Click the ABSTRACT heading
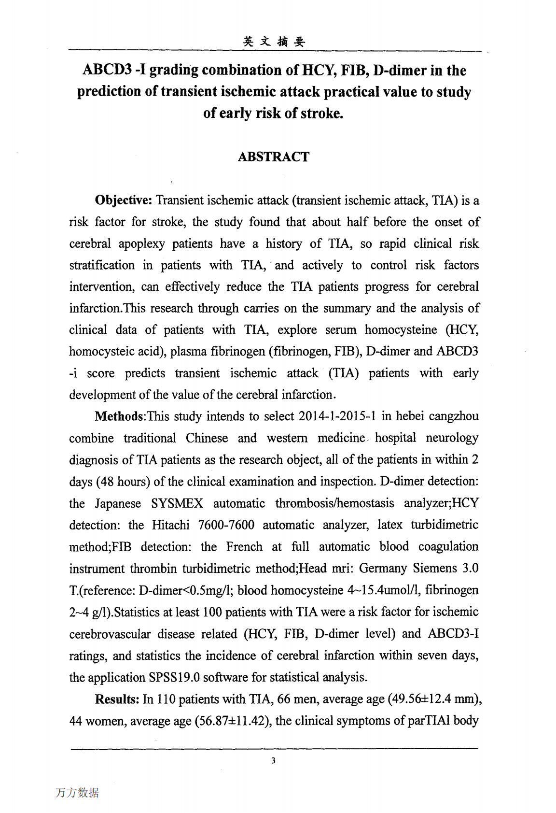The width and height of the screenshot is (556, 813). tap(273, 157)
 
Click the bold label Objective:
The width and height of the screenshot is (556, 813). tap(124, 200)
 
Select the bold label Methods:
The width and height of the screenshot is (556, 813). tap(120, 416)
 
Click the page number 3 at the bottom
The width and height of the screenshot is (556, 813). tap(273, 761)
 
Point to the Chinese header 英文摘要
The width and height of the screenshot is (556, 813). tap(274, 42)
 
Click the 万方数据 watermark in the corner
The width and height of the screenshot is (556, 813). tap(77, 793)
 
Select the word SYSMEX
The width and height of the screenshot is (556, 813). tap(177, 503)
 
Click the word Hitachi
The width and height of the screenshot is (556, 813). tap(171, 525)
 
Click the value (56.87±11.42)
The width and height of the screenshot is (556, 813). tap(233, 721)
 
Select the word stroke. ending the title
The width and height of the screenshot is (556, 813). tap(322, 114)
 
